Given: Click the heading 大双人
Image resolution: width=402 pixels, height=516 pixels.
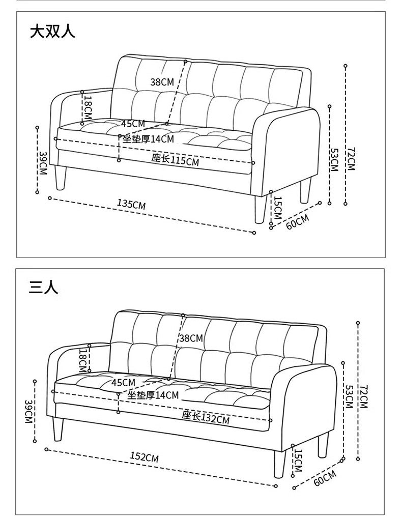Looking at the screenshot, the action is [52, 32].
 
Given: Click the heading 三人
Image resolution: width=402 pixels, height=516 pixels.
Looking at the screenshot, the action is [44, 287].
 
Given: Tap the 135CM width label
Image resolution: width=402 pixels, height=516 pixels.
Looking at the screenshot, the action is [131, 205].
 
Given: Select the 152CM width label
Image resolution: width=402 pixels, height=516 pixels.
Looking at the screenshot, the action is [144, 457].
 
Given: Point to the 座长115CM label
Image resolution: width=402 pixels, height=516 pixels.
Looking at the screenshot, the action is [175, 160].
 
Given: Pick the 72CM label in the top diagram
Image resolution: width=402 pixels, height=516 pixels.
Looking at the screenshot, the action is [351, 158].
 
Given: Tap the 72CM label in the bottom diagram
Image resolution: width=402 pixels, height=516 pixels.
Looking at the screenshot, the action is [363, 396].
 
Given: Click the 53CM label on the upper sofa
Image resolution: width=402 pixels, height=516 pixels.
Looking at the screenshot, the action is [334, 159].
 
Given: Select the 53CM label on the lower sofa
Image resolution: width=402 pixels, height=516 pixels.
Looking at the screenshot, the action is [349, 396].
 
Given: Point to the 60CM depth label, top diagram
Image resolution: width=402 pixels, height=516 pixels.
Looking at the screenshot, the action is [298, 222].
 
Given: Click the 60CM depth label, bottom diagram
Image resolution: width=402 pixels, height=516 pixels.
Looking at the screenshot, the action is [325, 479].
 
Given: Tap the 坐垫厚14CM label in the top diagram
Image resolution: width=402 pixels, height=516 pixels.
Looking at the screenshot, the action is [148, 139].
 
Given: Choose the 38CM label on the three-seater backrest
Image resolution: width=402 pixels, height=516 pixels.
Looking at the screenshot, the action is [191, 338].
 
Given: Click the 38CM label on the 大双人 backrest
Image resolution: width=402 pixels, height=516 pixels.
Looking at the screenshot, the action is [162, 81].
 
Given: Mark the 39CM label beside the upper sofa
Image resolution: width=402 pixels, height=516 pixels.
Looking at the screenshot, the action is [43, 163].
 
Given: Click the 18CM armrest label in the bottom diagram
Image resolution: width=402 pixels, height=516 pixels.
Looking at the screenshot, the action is [82, 360].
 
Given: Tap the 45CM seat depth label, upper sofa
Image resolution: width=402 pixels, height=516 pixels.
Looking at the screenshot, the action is [133, 123].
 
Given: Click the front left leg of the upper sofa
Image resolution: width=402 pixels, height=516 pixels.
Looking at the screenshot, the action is [61, 176].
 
